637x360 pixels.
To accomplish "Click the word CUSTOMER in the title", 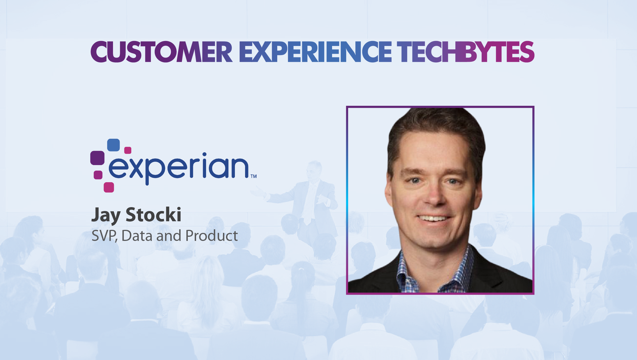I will coord(161,52).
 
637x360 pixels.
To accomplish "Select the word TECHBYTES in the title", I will coord(465,52).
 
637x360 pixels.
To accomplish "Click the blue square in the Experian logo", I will coord(113,145).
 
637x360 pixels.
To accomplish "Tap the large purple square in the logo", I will coord(97,158).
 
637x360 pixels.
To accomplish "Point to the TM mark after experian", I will coord(254,176).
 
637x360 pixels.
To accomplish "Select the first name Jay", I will coord(106,215).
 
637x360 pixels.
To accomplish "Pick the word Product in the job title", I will coord(211,236).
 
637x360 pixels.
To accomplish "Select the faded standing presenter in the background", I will coord(310,199).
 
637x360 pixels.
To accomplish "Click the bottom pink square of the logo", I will coord(109,187).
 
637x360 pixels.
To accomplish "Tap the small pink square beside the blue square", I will coord(128,150).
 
